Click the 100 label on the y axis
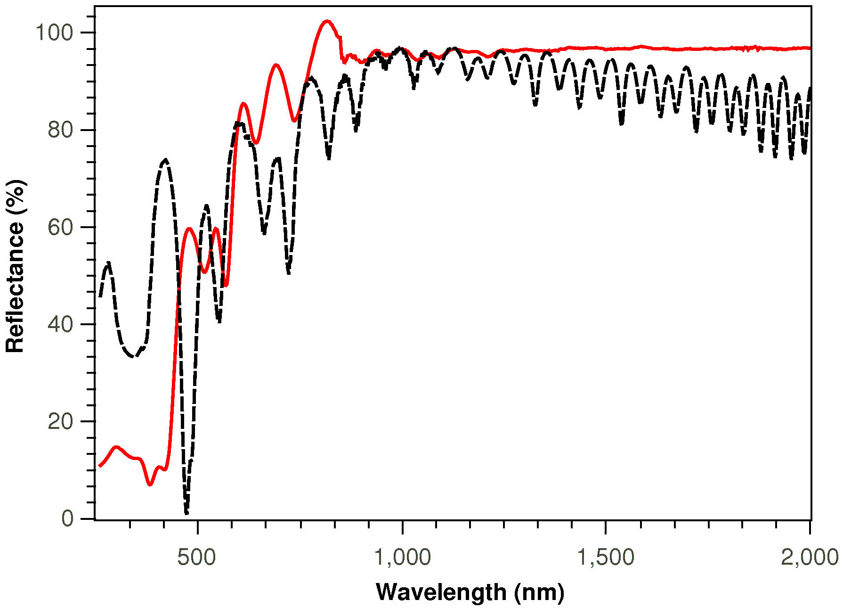tap(54, 33)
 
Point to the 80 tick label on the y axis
tap(60, 130)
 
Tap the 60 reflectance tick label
tap(60, 227)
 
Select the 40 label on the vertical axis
tap(60, 324)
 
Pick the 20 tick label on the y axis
tap(60, 421)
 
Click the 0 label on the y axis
tap(68, 518)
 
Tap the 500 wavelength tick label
tap(197, 557)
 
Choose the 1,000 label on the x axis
tap(402, 557)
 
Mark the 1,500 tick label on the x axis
tap(606, 557)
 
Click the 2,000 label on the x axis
tap(810, 557)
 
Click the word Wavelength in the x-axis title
tap(441, 592)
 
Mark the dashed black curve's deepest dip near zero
tap(186, 513)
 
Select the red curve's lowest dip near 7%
tap(150, 484)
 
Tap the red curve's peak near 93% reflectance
tap(276, 65)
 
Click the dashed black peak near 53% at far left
tap(109, 262)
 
